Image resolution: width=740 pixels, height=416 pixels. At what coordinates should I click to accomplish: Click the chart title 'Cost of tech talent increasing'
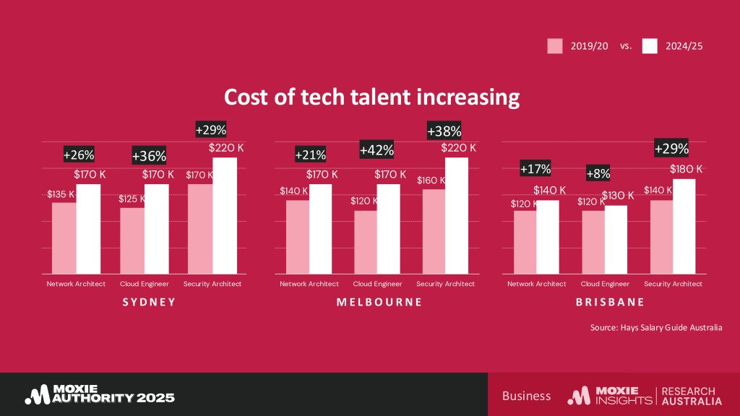371,97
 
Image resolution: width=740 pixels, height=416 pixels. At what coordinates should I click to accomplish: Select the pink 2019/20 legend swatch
554,45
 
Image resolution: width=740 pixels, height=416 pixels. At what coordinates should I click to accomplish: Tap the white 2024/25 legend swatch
649,45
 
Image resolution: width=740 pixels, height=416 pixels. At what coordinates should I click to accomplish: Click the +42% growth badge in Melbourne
377,149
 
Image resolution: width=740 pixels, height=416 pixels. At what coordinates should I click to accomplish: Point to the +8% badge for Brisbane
598,173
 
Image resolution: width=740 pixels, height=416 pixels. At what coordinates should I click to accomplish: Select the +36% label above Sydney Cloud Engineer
149,155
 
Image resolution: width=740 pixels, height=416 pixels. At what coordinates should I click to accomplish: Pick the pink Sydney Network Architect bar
64,238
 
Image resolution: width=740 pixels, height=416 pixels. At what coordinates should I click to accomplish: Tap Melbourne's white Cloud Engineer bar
389,229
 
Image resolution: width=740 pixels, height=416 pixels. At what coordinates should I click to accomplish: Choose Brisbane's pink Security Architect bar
661,237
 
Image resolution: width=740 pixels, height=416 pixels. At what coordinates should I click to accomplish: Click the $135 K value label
61,194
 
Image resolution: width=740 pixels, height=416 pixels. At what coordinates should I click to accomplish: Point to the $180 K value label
687,169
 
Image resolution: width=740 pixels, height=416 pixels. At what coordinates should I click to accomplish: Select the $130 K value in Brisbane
617,195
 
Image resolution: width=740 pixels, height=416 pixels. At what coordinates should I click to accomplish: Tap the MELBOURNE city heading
379,302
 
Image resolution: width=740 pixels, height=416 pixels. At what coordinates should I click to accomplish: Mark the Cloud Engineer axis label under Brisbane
605,284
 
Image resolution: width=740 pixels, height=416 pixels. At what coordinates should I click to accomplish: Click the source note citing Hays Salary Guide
655,328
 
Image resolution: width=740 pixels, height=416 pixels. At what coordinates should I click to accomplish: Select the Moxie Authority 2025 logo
100,394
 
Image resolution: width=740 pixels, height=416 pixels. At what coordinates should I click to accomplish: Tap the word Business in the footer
526,396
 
